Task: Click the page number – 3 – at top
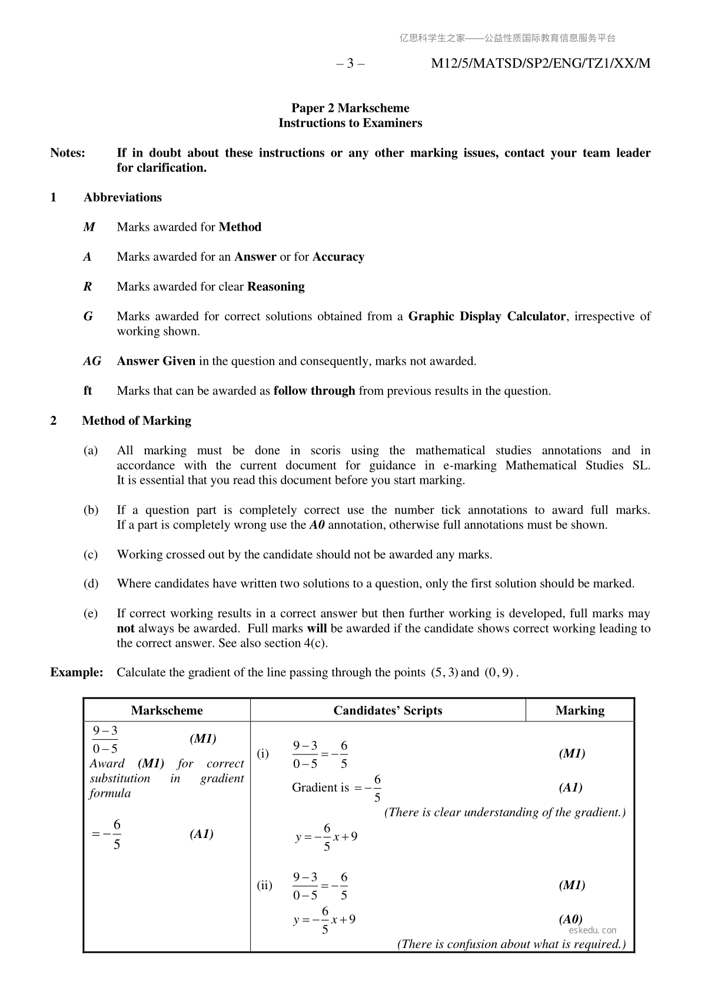click(x=350, y=64)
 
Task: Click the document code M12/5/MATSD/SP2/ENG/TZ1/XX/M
click(x=540, y=64)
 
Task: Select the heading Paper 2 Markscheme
click(x=350, y=108)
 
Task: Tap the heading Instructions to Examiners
click(x=350, y=123)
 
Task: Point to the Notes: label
click(x=68, y=153)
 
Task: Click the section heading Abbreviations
click(x=122, y=198)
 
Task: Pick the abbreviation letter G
click(x=88, y=317)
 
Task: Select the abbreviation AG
click(x=92, y=361)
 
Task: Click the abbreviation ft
click(x=88, y=391)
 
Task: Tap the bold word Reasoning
click(x=276, y=287)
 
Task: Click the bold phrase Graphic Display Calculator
click(x=487, y=317)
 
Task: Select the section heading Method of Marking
click(x=137, y=421)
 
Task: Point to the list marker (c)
click(x=91, y=554)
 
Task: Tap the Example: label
click(x=77, y=673)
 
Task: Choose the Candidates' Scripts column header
click(x=387, y=710)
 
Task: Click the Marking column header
click(x=580, y=710)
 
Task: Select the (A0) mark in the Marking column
click(x=570, y=919)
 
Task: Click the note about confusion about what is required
click(x=511, y=944)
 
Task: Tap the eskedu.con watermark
click(x=593, y=930)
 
